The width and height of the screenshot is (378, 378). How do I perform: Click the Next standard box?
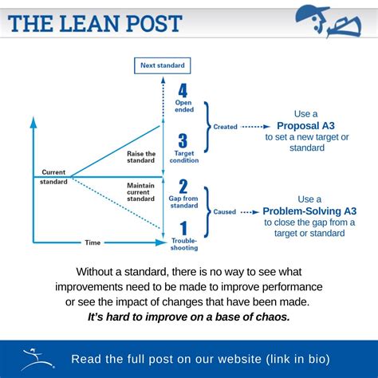coord(163,65)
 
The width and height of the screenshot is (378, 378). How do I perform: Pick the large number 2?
coord(183,187)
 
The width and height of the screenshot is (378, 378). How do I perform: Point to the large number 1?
coord(183,229)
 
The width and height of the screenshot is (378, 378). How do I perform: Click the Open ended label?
coord(183,106)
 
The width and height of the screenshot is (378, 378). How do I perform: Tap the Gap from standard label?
coord(184,203)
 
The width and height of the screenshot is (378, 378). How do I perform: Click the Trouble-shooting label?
coord(184,243)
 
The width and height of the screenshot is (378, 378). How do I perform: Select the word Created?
coord(225,126)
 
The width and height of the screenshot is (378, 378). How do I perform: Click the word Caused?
coord(224,212)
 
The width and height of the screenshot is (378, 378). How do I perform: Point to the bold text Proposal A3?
coord(306,126)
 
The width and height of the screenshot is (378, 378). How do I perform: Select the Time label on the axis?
coord(93,242)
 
